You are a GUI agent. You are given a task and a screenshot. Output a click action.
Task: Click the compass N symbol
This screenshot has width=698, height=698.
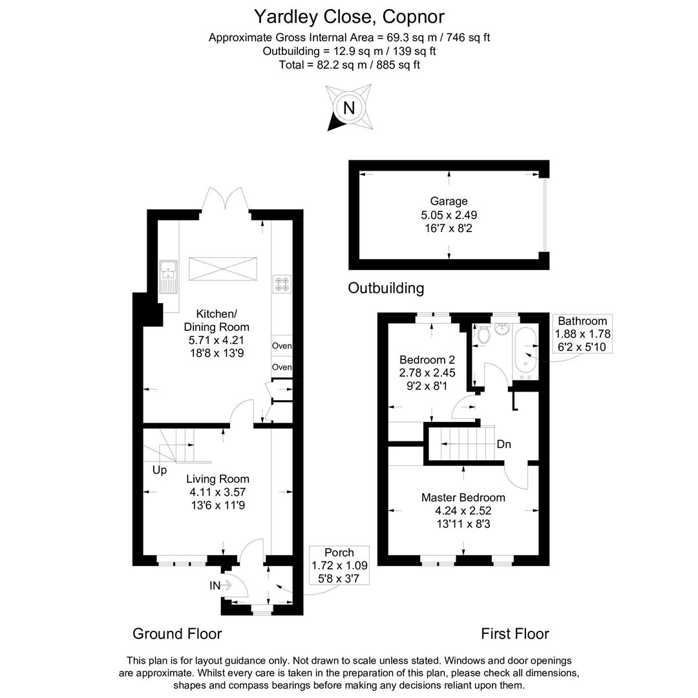349,107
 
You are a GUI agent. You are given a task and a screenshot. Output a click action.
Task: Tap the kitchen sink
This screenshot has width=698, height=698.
169,275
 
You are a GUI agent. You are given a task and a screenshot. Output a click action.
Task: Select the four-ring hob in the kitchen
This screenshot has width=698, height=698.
282,283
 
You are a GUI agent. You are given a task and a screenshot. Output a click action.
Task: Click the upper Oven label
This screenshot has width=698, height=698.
282,346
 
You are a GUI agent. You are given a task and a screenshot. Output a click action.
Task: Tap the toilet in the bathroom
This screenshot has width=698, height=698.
482,333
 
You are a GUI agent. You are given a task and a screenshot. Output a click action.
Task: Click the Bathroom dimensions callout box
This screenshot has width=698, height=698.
582,333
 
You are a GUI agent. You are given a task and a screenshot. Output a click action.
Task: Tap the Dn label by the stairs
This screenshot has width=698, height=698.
504,445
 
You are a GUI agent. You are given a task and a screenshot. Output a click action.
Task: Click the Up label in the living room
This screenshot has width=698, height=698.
160,470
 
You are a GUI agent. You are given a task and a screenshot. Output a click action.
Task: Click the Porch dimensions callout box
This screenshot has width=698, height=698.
339,565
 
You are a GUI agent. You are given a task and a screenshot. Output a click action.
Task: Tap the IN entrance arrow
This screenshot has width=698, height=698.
220,586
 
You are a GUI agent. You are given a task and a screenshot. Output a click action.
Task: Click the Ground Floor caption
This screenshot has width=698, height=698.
177,633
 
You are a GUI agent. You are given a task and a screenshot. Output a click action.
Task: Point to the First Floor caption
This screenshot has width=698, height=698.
514,633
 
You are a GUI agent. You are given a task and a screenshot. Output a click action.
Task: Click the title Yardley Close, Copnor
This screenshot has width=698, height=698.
349,16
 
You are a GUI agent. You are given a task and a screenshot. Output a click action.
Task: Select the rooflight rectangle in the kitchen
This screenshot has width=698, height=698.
223,269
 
